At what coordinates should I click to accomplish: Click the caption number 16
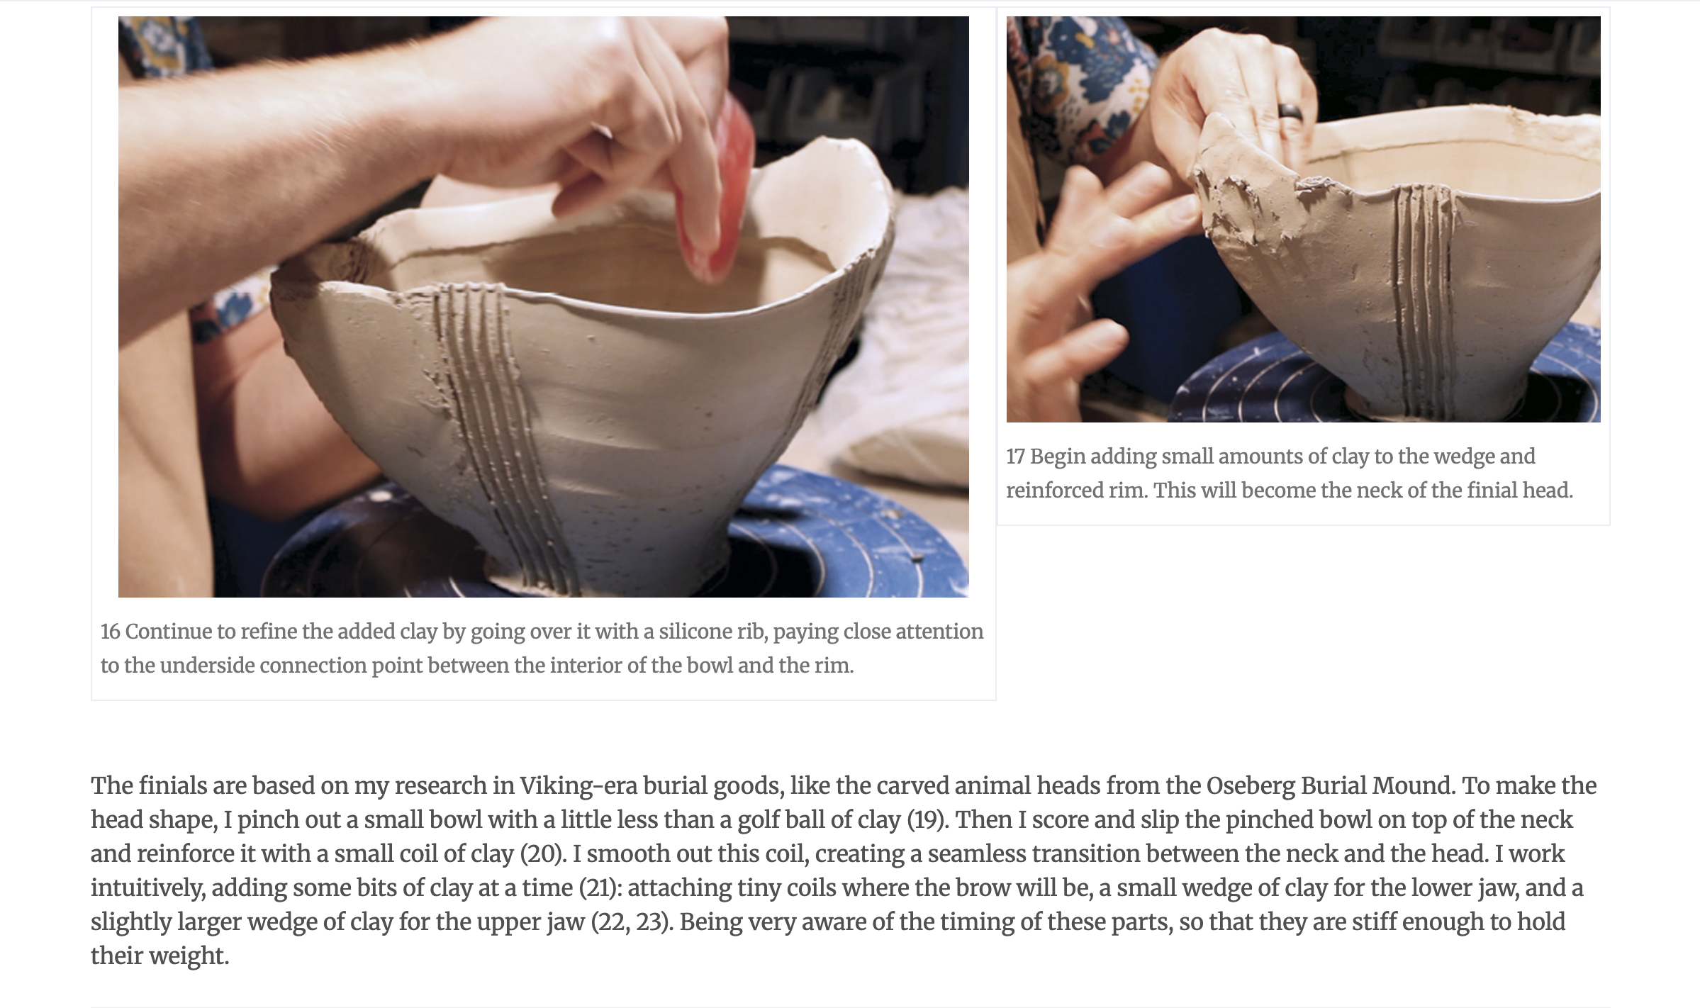point(110,632)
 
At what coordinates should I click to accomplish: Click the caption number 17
point(1015,457)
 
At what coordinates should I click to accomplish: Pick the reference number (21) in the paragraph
point(600,888)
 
